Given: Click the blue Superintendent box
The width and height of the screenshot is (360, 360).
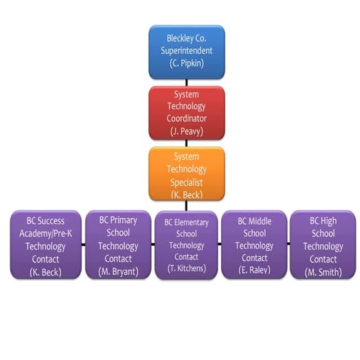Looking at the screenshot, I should (x=186, y=52).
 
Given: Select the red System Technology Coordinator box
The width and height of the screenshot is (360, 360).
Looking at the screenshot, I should (x=186, y=113).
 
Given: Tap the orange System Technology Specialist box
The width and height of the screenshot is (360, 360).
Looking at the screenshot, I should (x=186, y=174).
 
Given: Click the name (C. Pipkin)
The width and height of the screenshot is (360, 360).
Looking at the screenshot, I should (x=186, y=64).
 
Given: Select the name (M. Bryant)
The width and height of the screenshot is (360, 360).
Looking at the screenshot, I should (x=118, y=271).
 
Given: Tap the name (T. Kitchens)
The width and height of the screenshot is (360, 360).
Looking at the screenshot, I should (x=186, y=268).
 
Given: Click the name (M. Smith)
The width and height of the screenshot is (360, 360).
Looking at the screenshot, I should (x=322, y=271).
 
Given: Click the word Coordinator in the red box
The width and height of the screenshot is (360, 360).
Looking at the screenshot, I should (x=186, y=118).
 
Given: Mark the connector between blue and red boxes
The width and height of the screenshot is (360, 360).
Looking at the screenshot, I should (x=186, y=83).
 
